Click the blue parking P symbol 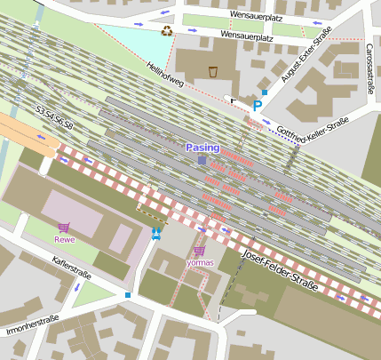coord(258,106)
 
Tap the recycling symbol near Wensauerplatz coord(167,30)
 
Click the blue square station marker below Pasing coord(202,160)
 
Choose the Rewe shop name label coord(63,239)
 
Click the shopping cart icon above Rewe coord(63,228)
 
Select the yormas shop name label coord(199,262)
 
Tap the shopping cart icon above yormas coord(199,251)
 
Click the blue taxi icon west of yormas coord(156,233)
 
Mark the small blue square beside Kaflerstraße coord(128,294)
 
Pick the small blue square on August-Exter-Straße coord(264,92)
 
